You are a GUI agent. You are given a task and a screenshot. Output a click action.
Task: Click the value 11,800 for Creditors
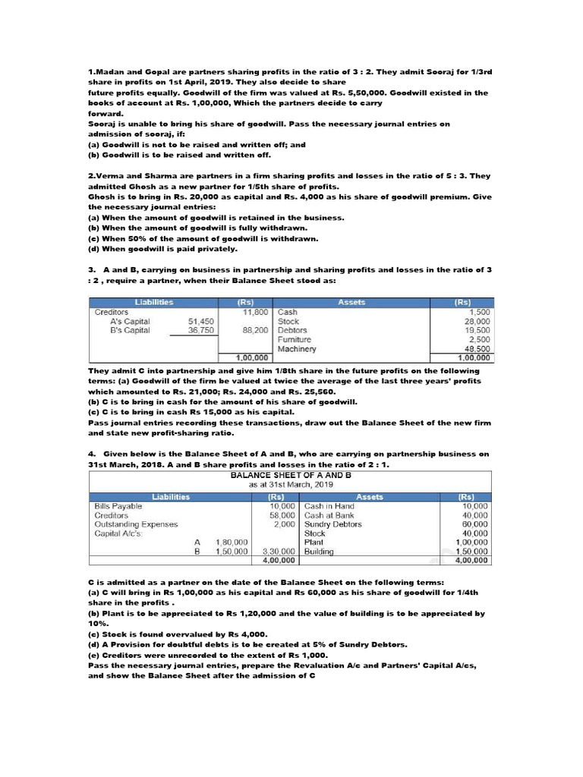click(255, 311)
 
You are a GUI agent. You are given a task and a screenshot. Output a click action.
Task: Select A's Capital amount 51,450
click(201, 321)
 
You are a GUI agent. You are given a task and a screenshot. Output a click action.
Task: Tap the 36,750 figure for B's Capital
click(201, 330)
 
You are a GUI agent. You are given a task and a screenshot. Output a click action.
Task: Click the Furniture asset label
click(293, 339)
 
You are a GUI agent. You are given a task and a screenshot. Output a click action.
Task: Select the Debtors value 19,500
click(477, 330)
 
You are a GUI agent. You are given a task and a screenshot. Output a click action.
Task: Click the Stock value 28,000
click(477, 321)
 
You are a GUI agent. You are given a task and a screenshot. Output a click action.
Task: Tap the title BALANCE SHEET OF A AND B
click(291, 474)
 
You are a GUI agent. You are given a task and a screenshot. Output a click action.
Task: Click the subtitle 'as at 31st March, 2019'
click(291, 483)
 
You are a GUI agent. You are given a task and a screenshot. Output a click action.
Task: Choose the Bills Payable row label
click(118, 505)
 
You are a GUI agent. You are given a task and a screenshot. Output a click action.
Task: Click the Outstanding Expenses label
click(136, 524)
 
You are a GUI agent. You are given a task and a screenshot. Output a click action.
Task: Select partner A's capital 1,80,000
click(232, 542)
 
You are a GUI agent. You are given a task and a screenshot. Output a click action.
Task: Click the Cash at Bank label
click(329, 514)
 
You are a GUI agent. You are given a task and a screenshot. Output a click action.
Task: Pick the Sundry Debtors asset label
click(332, 524)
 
